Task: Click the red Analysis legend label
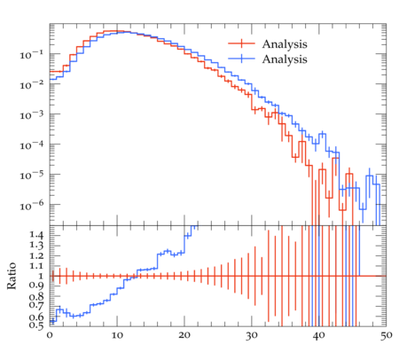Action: point(285,44)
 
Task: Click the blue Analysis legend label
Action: point(285,59)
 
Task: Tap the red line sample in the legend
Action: point(241,43)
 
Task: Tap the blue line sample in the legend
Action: point(241,59)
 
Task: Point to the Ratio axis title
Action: point(12,276)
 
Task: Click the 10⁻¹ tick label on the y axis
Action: point(31,55)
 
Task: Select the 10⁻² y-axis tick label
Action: point(31,85)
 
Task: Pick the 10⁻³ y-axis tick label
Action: point(31,115)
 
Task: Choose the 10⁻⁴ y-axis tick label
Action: point(31,145)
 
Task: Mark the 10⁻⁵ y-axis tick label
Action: point(31,176)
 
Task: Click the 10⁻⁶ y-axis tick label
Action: point(31,206)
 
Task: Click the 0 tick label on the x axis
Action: point(50,335)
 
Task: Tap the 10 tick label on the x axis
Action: point(117,335)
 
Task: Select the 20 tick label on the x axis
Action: point(184,335)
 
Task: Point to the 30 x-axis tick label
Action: point(252,335)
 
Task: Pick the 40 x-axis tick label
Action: point(319,335)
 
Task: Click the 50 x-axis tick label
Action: point(387,335)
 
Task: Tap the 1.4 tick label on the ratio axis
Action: point(36,235)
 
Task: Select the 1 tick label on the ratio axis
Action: point(41,276)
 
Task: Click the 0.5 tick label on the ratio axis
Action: point(36,325)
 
